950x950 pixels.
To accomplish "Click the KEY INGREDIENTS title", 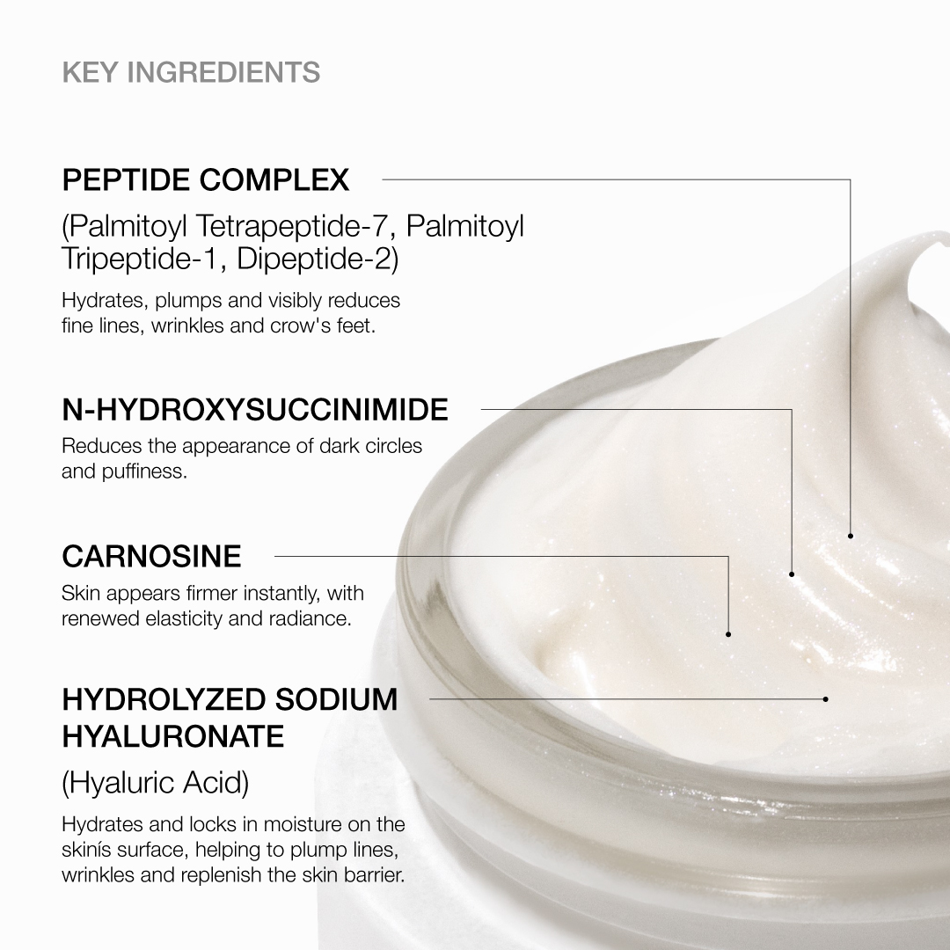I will pyautogui.click(x=191, y=71).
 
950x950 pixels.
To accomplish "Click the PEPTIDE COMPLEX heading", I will pyautogui.click(x=206, y=180).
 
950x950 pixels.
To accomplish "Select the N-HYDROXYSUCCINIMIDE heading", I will pyautogui.click(x=255, y=409).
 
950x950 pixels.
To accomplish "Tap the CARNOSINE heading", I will pyautogui.click(x=151, y=556).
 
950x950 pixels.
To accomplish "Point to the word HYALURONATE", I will pyautogui.click(x=173, y=736).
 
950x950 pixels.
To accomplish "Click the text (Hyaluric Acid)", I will pyautogui.click(x=156, y=782).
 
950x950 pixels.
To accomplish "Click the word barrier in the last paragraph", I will pyautogui.click(x=372, y=876).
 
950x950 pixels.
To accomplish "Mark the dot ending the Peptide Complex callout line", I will pyautogui.click(x=851, y=535).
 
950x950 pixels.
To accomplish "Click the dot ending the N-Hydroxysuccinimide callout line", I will pyautogui.click(x=792, y=574).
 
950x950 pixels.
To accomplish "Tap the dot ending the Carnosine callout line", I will pyautogui.click(x=728, y=633).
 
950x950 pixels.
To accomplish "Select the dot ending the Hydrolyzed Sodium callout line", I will pyautogui.click(x=825, y=699).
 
